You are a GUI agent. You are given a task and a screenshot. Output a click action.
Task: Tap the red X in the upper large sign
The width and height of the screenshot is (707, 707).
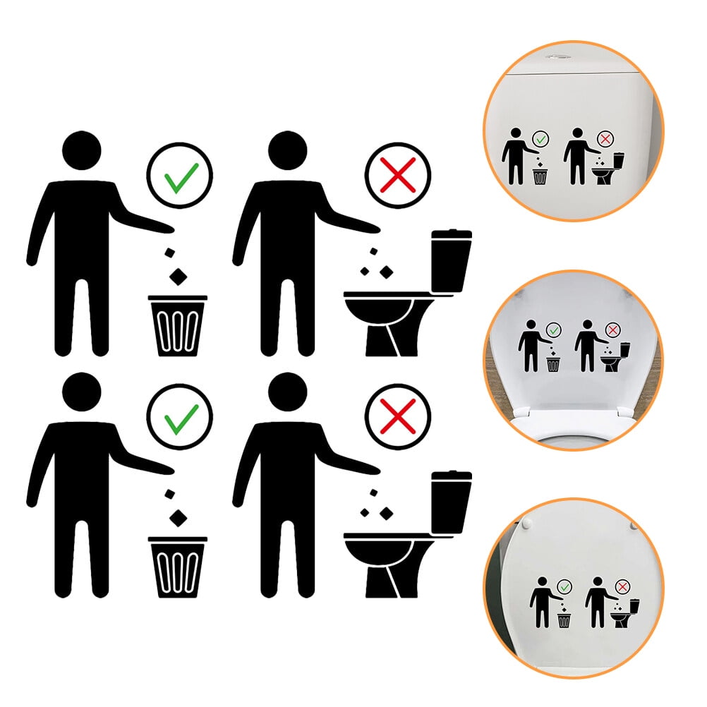click(397, 176)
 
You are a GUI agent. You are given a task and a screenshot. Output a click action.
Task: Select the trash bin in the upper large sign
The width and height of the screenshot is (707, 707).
click(177, 325)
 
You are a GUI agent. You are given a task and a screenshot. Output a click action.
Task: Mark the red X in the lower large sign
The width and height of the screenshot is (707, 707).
click(397, 416)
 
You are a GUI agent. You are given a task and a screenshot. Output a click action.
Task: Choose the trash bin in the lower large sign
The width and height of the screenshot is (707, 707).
click(177, 567)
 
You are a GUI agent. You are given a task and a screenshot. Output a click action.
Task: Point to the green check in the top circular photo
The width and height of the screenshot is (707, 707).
click(540, 140)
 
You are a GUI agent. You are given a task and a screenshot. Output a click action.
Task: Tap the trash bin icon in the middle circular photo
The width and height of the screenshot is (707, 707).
click(553, 363)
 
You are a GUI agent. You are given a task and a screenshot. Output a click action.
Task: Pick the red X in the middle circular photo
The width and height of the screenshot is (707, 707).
click(612, 330)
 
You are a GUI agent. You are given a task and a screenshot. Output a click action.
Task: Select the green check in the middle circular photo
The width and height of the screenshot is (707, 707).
click(553, 330)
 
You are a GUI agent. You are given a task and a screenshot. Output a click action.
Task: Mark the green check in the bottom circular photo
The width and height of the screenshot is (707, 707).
click(564, 586)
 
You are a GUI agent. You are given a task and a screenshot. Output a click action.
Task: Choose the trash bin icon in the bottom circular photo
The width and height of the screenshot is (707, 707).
click(564, 620)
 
